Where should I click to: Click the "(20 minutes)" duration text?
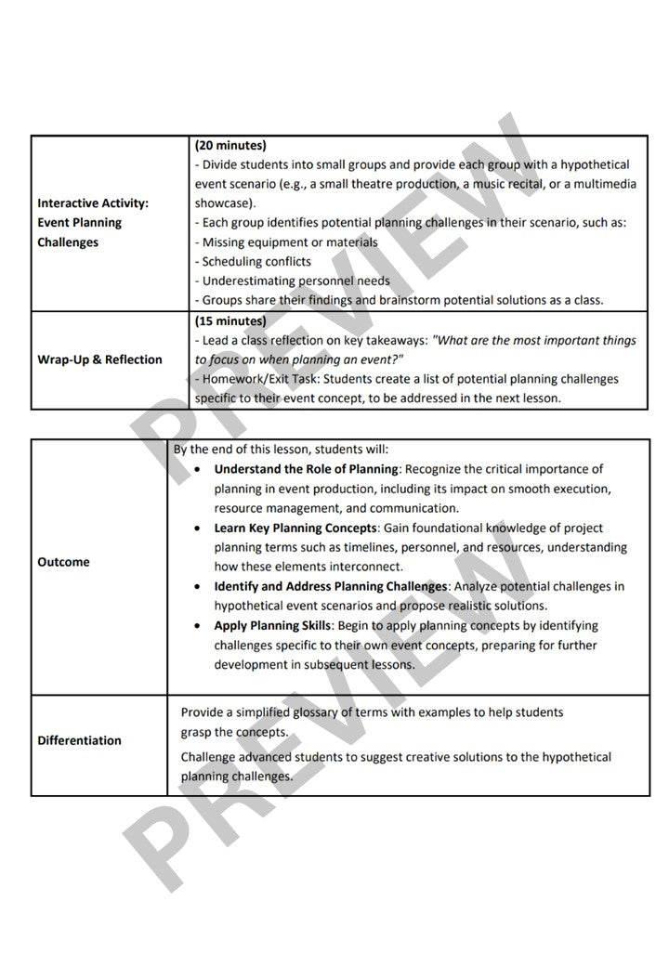[230, 145]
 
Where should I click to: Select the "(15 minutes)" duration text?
[230, 320]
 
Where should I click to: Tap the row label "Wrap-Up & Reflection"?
[99, 359]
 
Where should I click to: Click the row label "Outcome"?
[63, 562]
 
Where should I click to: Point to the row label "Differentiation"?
[79, 740]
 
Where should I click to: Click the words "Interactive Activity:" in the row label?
[93, 202]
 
